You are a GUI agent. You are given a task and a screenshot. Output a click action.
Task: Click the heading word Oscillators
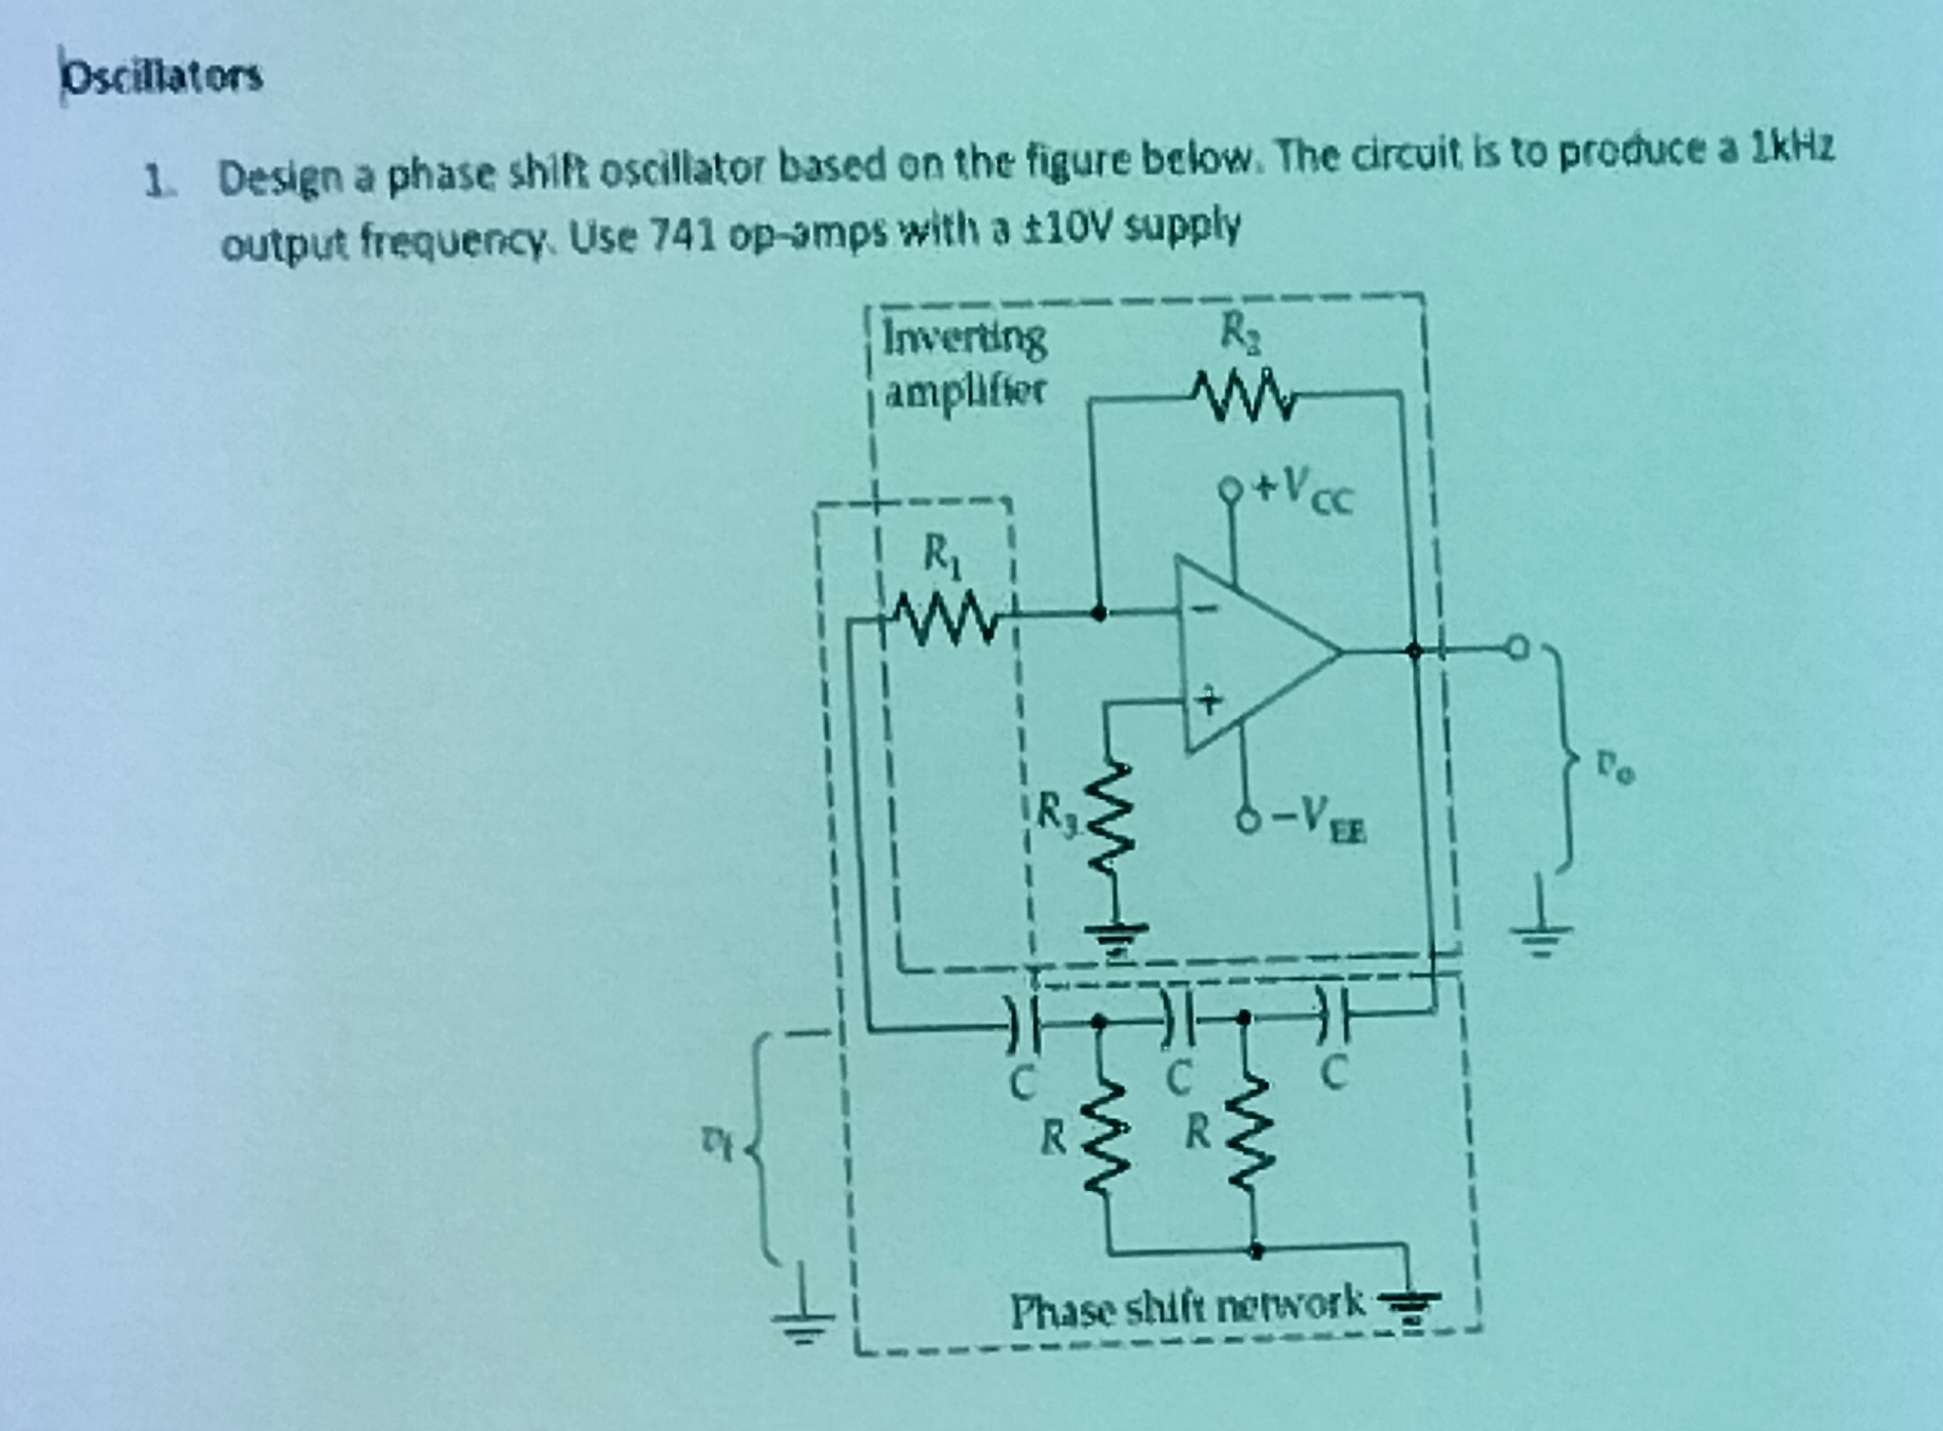162,78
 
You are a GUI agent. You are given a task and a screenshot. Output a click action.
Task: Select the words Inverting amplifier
964,364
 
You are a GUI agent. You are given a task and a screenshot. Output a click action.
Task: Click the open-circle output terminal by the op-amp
1517,647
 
